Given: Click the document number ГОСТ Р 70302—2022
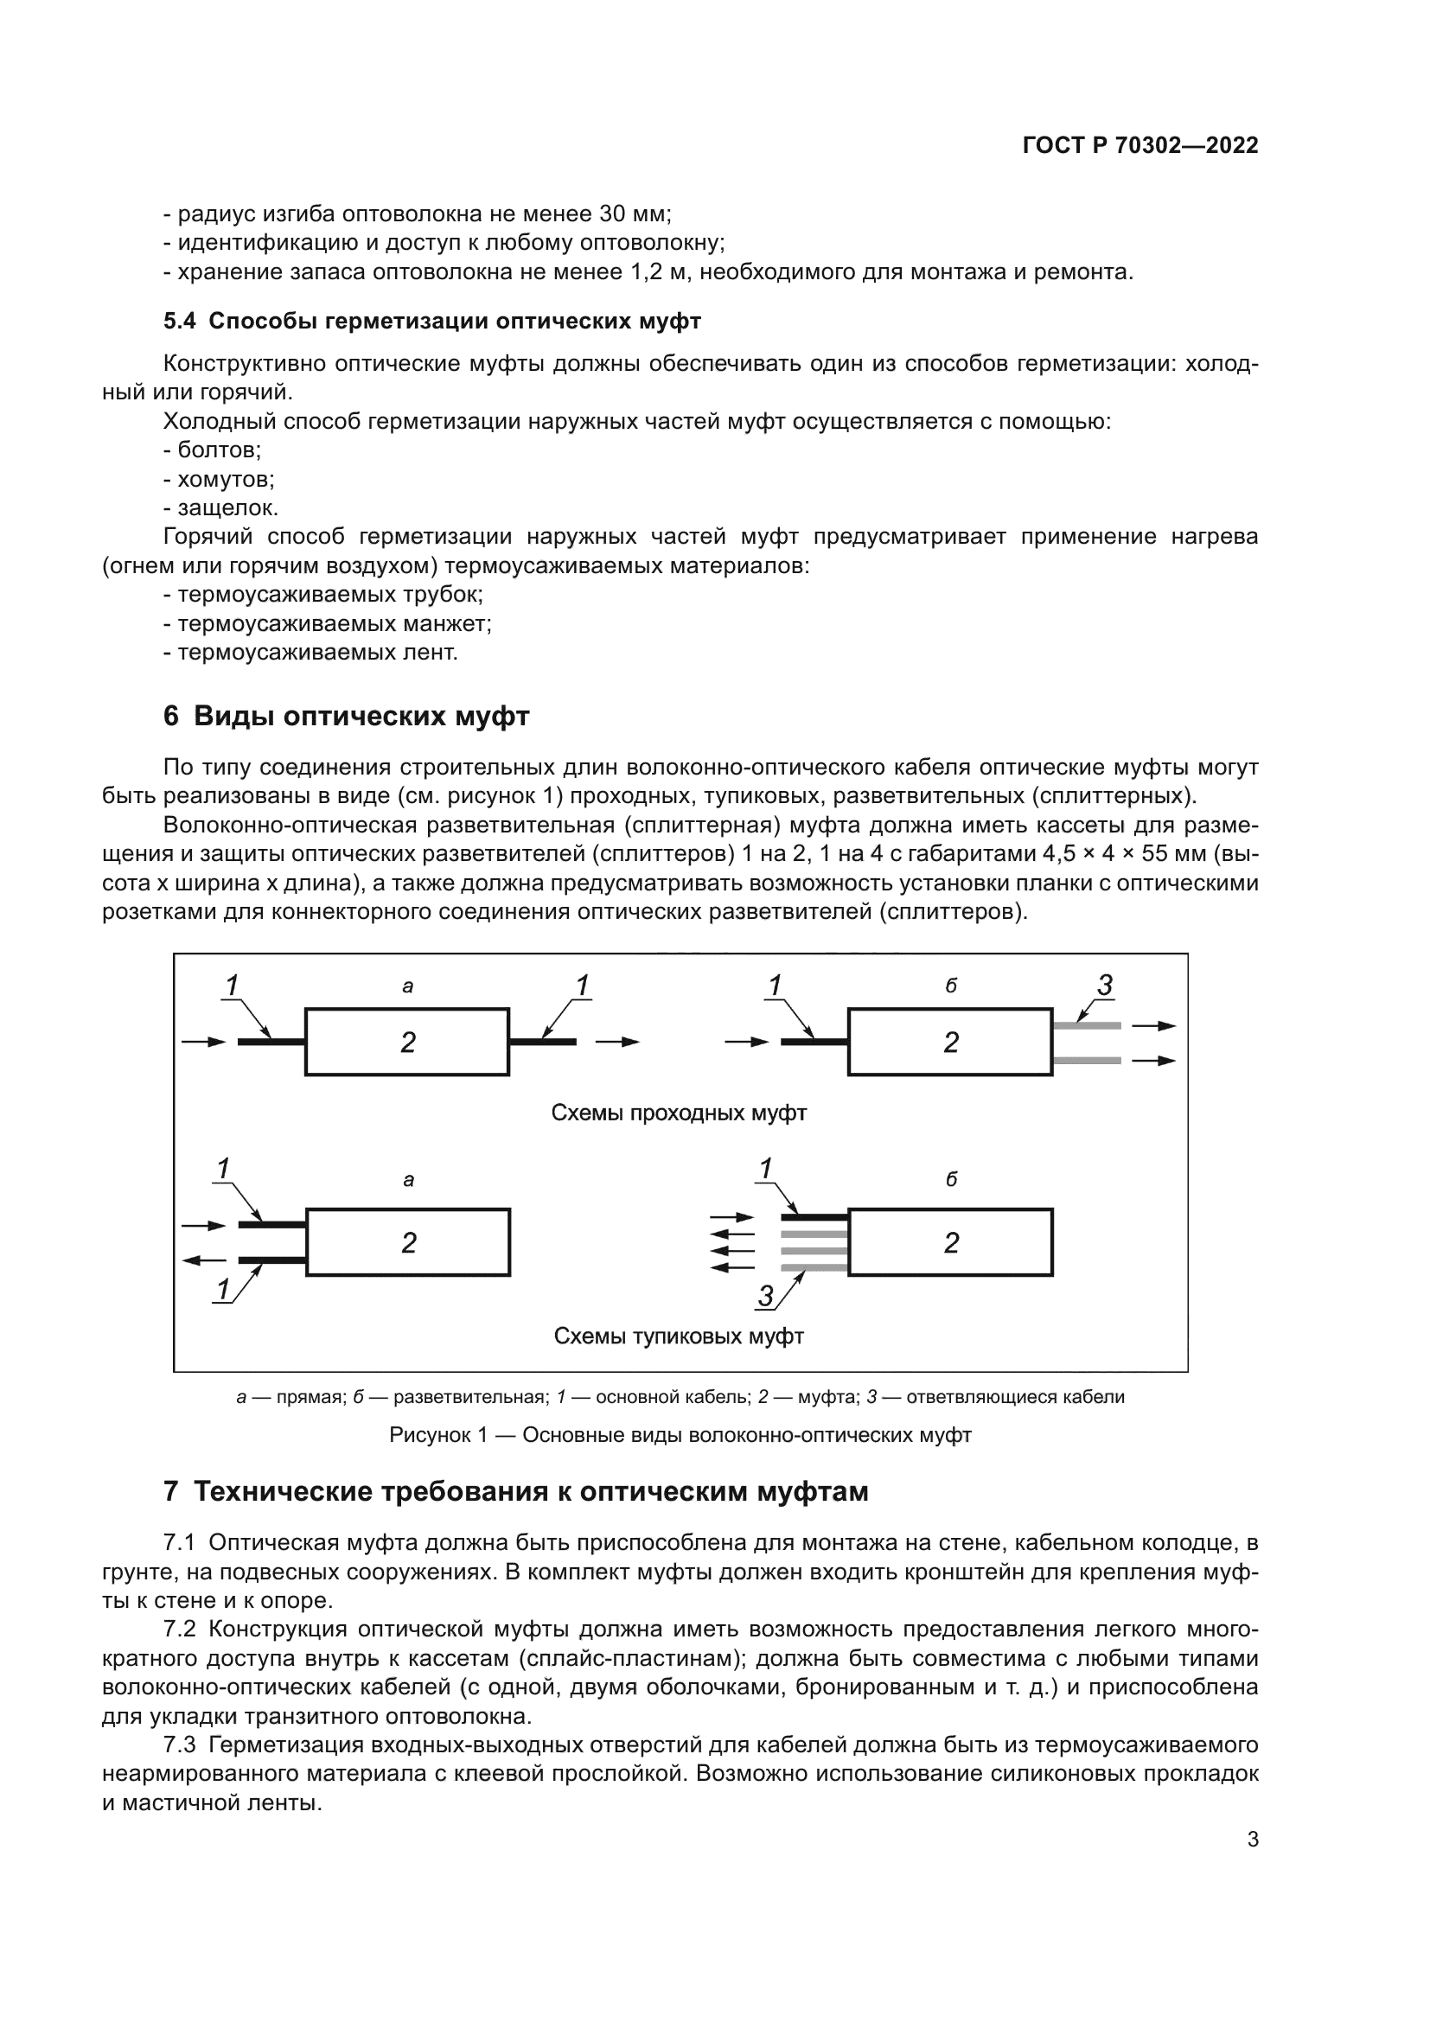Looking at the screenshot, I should [1140, 146].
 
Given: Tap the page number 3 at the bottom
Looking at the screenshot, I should [1253, 1865].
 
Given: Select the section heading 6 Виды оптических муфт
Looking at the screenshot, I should [346, 716].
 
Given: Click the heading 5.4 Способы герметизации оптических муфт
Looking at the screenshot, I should [431, 322].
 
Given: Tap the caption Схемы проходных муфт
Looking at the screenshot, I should [679, 1113].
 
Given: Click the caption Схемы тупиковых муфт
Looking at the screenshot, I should [679, 1336].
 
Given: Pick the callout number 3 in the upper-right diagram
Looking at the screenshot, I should [1105, 985].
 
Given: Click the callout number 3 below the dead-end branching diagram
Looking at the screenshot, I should [765, 1296].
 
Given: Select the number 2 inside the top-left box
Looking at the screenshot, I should [408, 1043].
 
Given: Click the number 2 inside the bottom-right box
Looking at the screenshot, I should [951, 1242].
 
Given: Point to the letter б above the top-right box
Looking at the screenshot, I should [951, 986].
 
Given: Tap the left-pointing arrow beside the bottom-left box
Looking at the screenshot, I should [203, 1260].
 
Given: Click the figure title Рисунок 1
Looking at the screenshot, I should [438, 1435].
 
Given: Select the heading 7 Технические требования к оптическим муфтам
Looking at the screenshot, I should [516, 1492].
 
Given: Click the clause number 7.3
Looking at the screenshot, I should [179, 1745].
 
